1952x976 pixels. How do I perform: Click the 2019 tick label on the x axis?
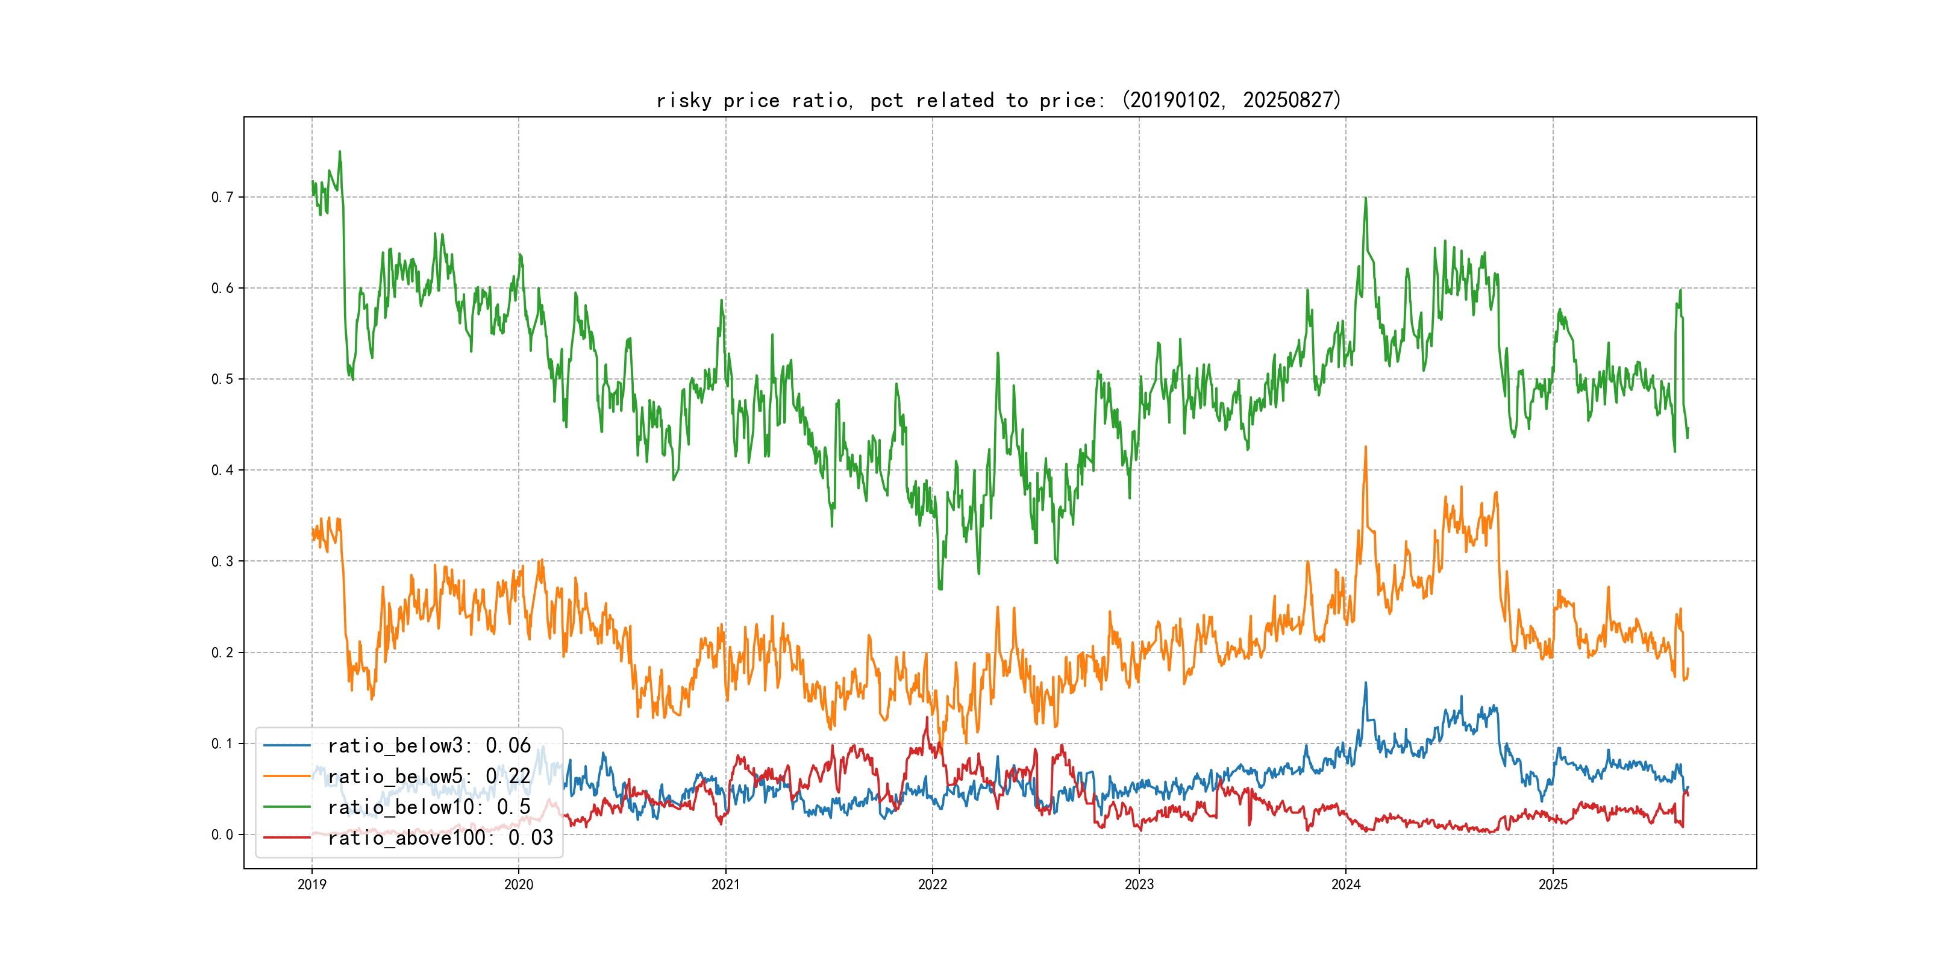(x=311, y=884)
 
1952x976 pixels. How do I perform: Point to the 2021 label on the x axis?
(x=725, y=884)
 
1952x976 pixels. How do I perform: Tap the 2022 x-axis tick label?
(x=932, y=884)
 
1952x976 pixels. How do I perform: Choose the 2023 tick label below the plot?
(x=1139, y=884)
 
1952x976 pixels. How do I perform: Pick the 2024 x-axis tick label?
(x=1346, y=884)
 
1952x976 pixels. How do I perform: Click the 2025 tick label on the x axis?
(x=1553, y=884)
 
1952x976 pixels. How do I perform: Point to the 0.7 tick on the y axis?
(x=222, y=197)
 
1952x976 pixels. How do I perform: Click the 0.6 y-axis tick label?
(x=222, y=288)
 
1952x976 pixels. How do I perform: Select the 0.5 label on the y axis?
(x=222, y=379)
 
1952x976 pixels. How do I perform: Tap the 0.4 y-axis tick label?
(x=222, y=470)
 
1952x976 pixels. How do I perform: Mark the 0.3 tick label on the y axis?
(x=222, y=562)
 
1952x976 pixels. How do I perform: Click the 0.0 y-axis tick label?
(x=222, y=834)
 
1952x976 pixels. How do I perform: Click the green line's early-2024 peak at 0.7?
(x=1365, y=199)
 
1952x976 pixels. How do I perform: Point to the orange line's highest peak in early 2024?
(x=1365, y=447)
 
